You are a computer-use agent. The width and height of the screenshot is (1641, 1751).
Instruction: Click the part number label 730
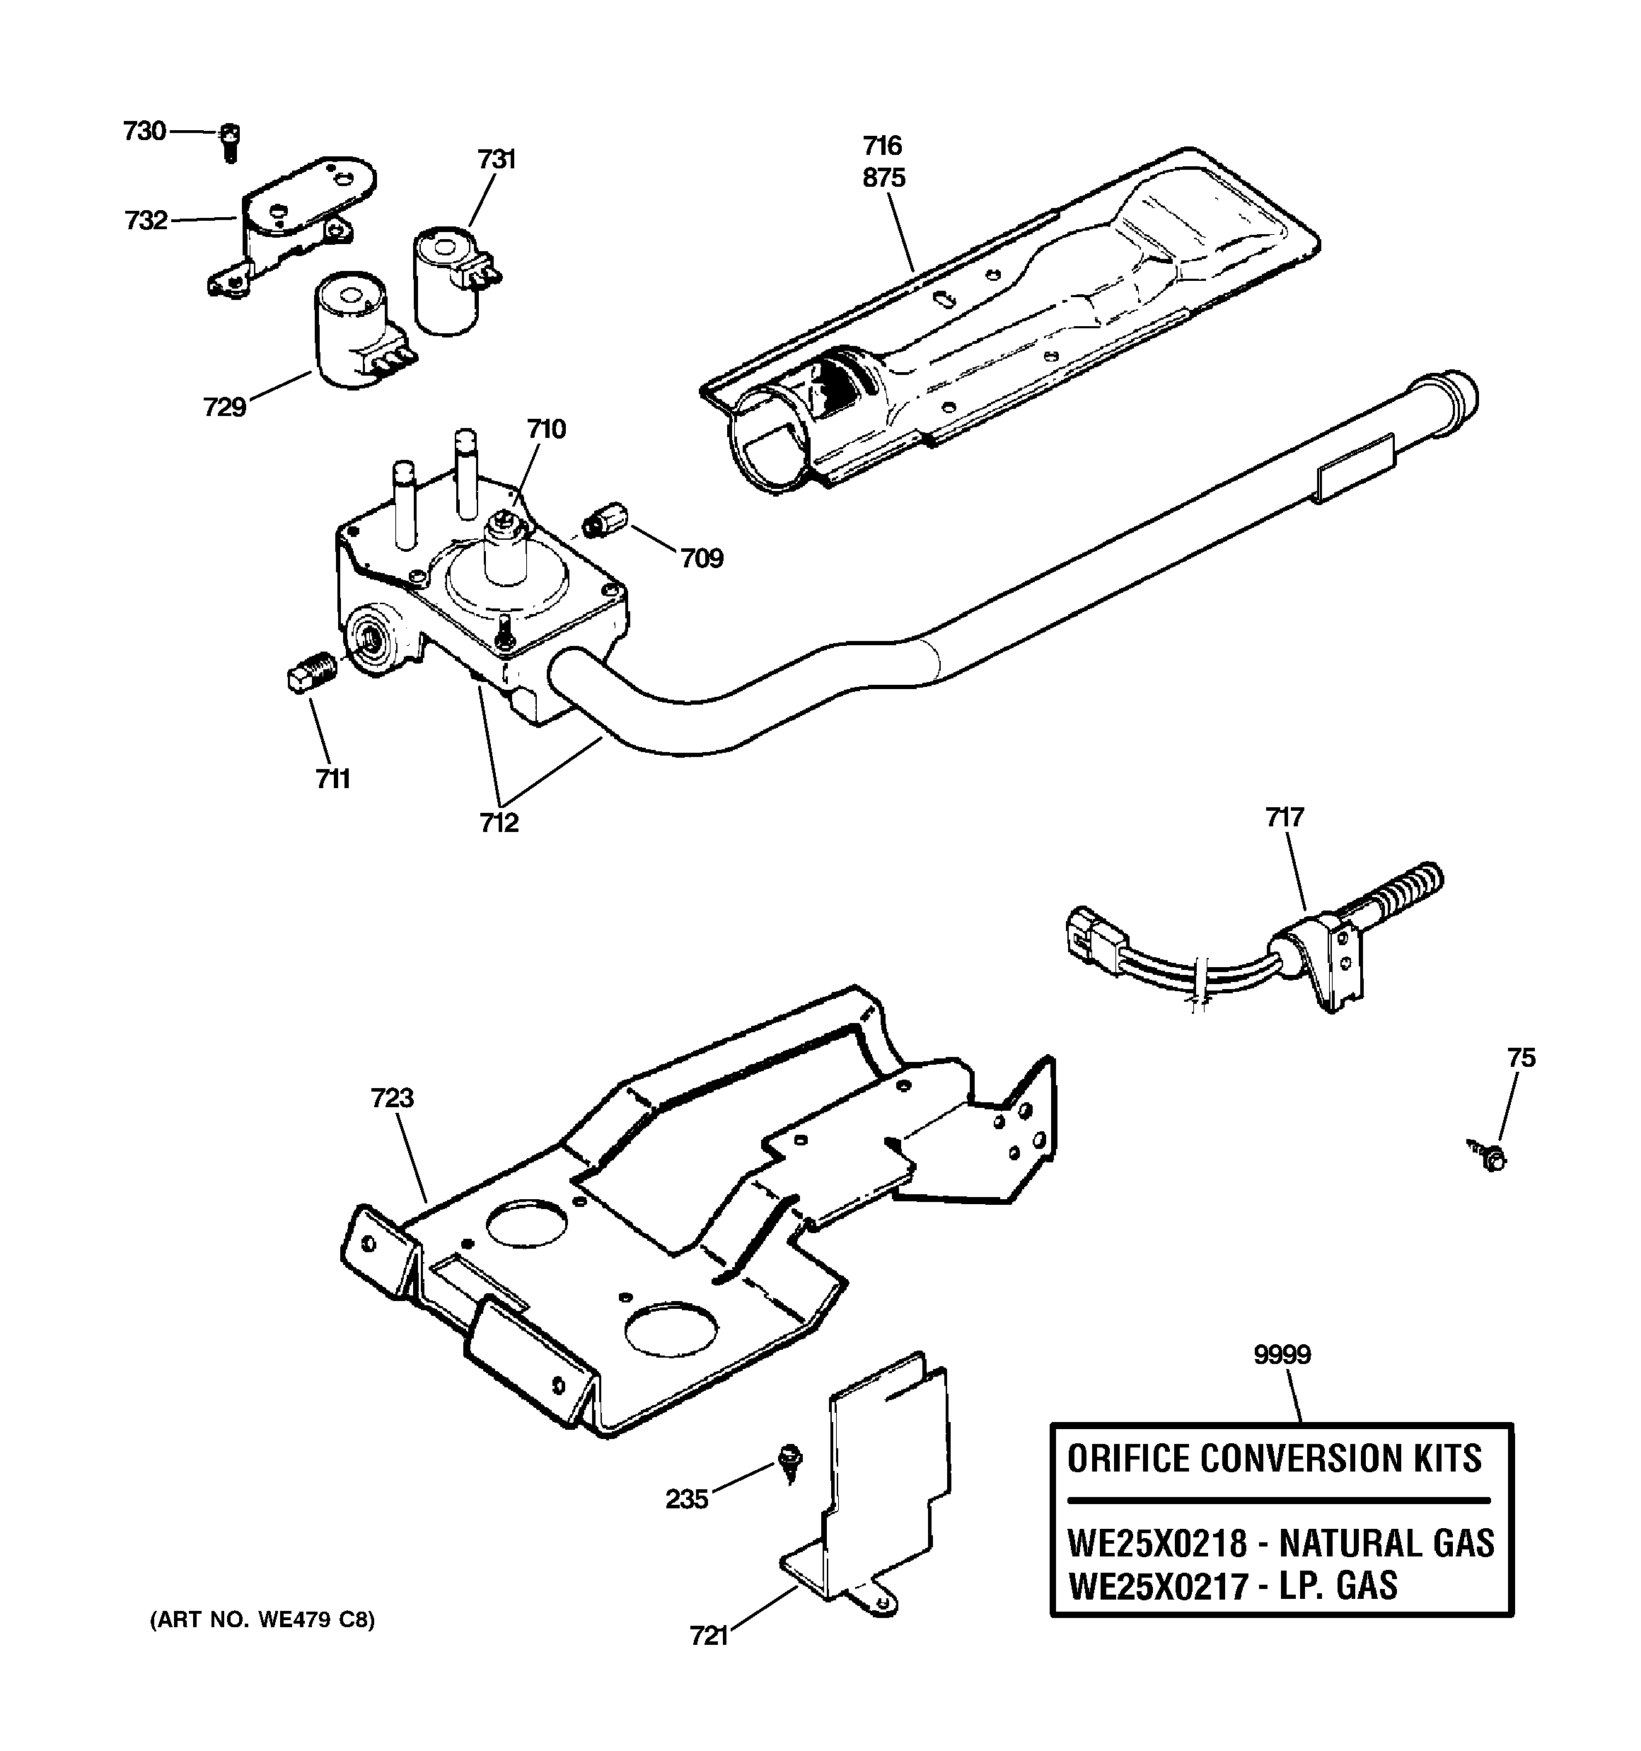[x=144, y=132]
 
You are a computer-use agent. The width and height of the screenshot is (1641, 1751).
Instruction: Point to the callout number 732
[x=145, y=219]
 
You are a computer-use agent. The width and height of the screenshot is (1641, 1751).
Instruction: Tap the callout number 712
[x=499, y=823]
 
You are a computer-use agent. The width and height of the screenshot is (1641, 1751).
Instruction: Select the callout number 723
[x=392, y=1097]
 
